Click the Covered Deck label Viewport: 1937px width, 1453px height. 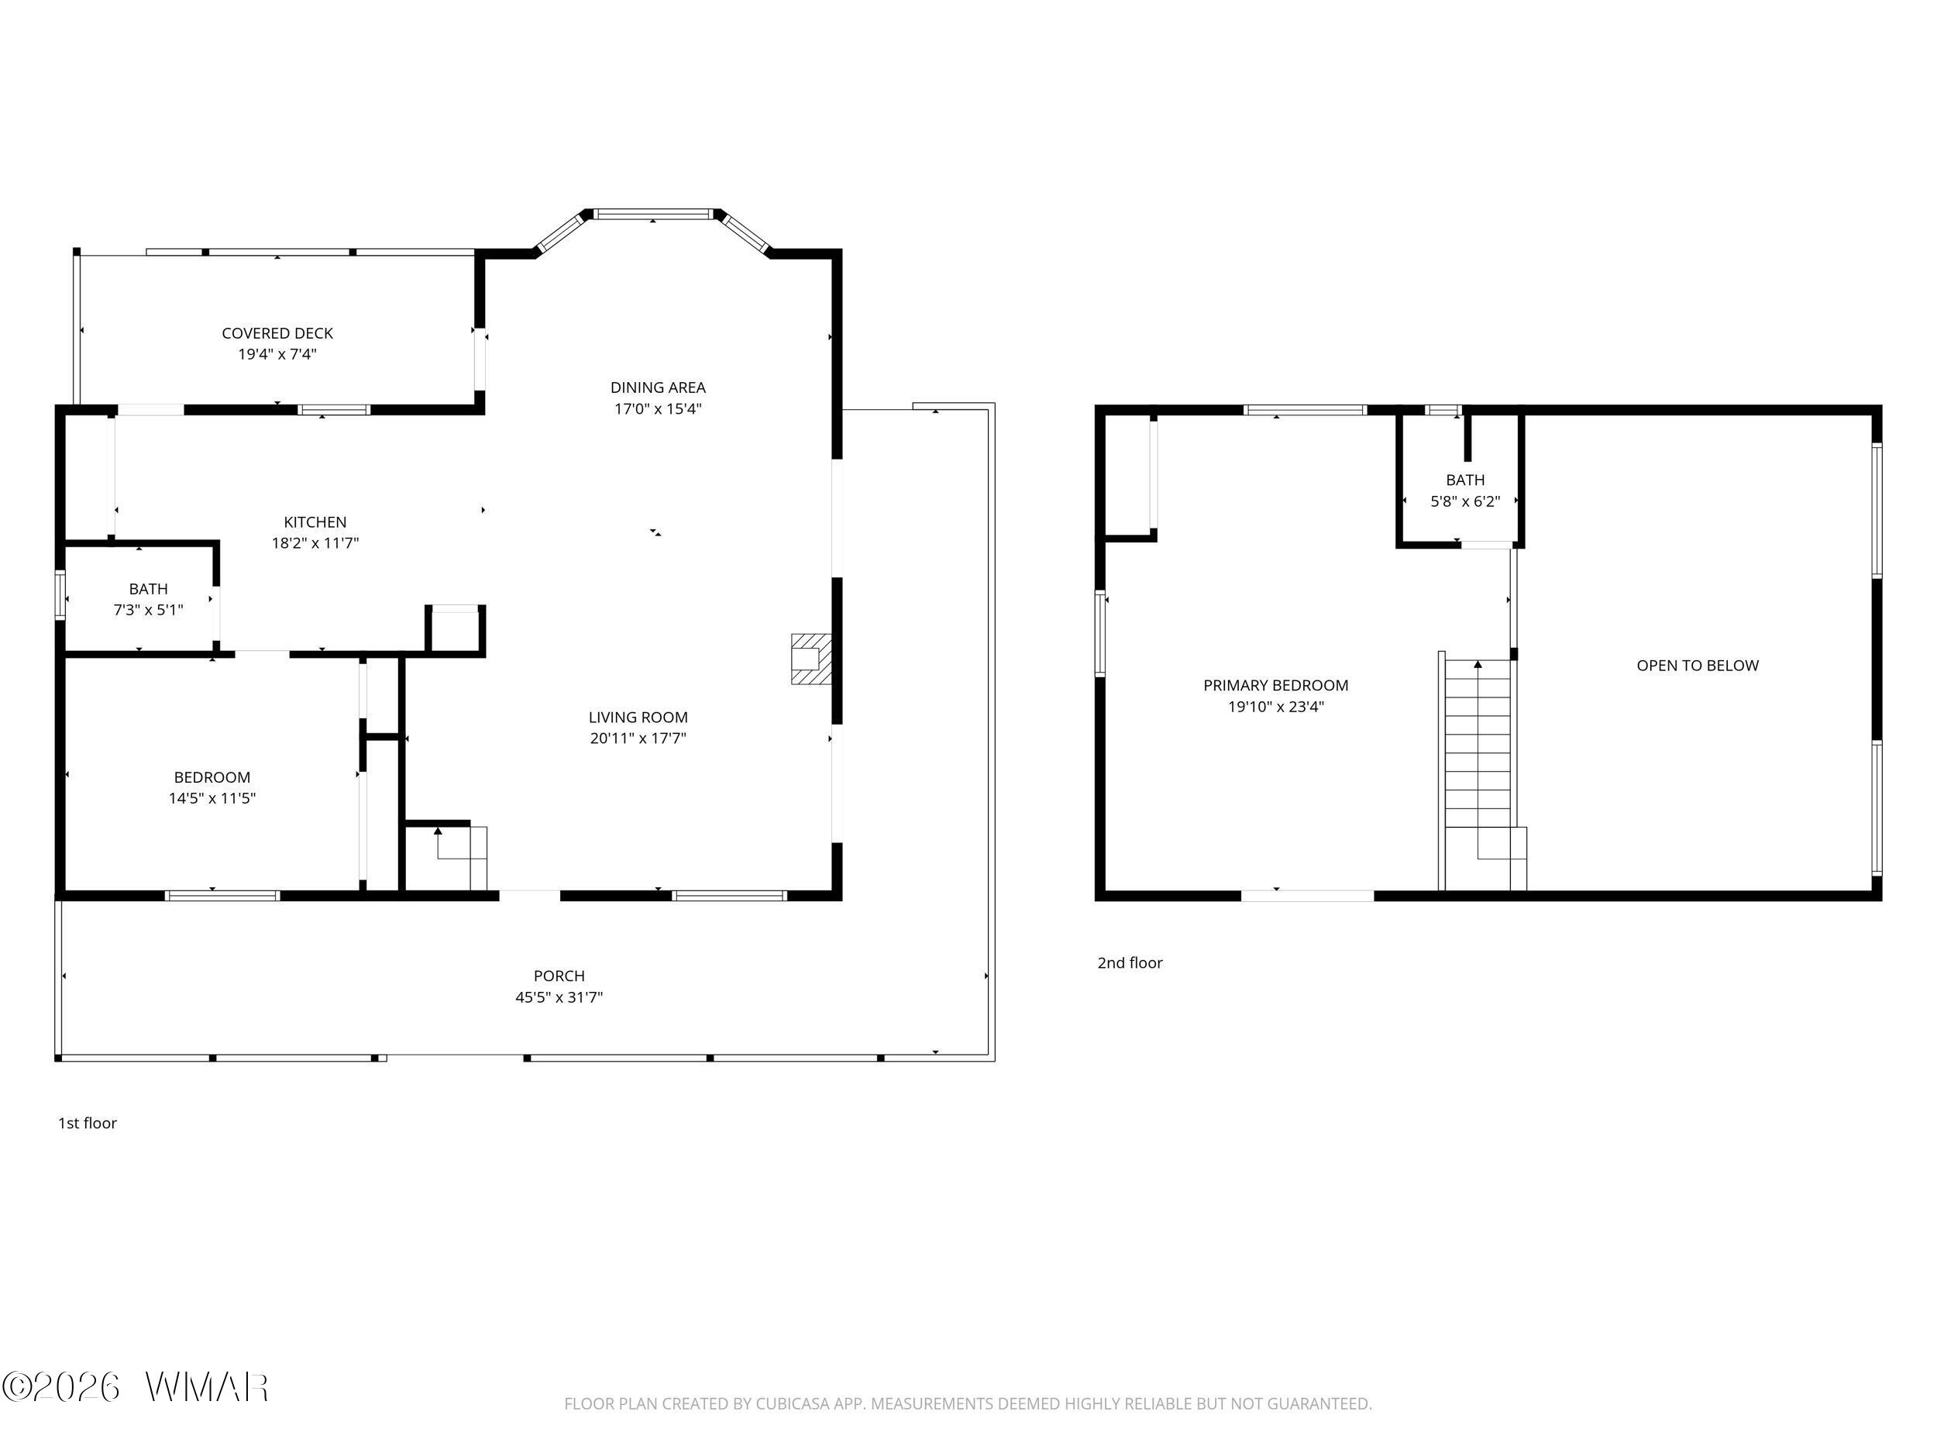[277, 332]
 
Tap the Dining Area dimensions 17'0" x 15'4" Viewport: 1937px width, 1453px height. [658, 408]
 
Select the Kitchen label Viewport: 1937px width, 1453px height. [315, 522]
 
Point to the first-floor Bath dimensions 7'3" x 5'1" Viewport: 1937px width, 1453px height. [148, 610]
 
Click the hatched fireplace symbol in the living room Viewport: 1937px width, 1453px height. [810, 659]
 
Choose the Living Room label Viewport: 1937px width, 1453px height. [638, 718]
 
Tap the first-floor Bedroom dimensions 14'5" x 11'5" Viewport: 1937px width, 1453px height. [212, 798]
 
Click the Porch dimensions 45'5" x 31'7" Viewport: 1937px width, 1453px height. [559, 997]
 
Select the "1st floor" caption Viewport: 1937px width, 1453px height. [88, 1123]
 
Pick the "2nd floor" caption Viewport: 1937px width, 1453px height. [1130, 962]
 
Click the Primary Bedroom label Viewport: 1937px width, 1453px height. [1276, 686]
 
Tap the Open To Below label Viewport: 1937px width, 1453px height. [1697, 666]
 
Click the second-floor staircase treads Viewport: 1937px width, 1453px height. [1478, 745]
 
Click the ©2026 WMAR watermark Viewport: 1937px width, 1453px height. [136, 1386]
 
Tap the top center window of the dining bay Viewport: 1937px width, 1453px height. [654, 213]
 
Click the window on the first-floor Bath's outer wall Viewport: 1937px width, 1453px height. [60, 596]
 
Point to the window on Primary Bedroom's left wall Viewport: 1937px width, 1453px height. [1100, 633]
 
